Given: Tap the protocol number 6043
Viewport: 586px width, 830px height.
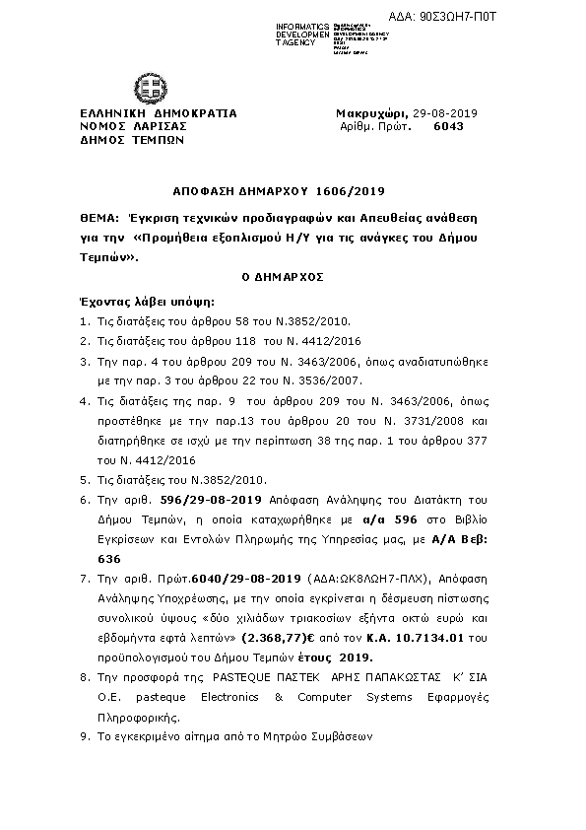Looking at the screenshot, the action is pyautogui.click(x=448, y=127).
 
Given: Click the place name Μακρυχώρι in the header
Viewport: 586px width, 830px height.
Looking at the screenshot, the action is pyautogui.click(x=369, y=113).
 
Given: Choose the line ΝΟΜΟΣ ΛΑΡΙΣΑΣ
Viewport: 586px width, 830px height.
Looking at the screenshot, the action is pyautogui.click(x=133, y=127).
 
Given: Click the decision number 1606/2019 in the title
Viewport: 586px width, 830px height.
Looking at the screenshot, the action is pyautogui.click(x=350, y=190).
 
